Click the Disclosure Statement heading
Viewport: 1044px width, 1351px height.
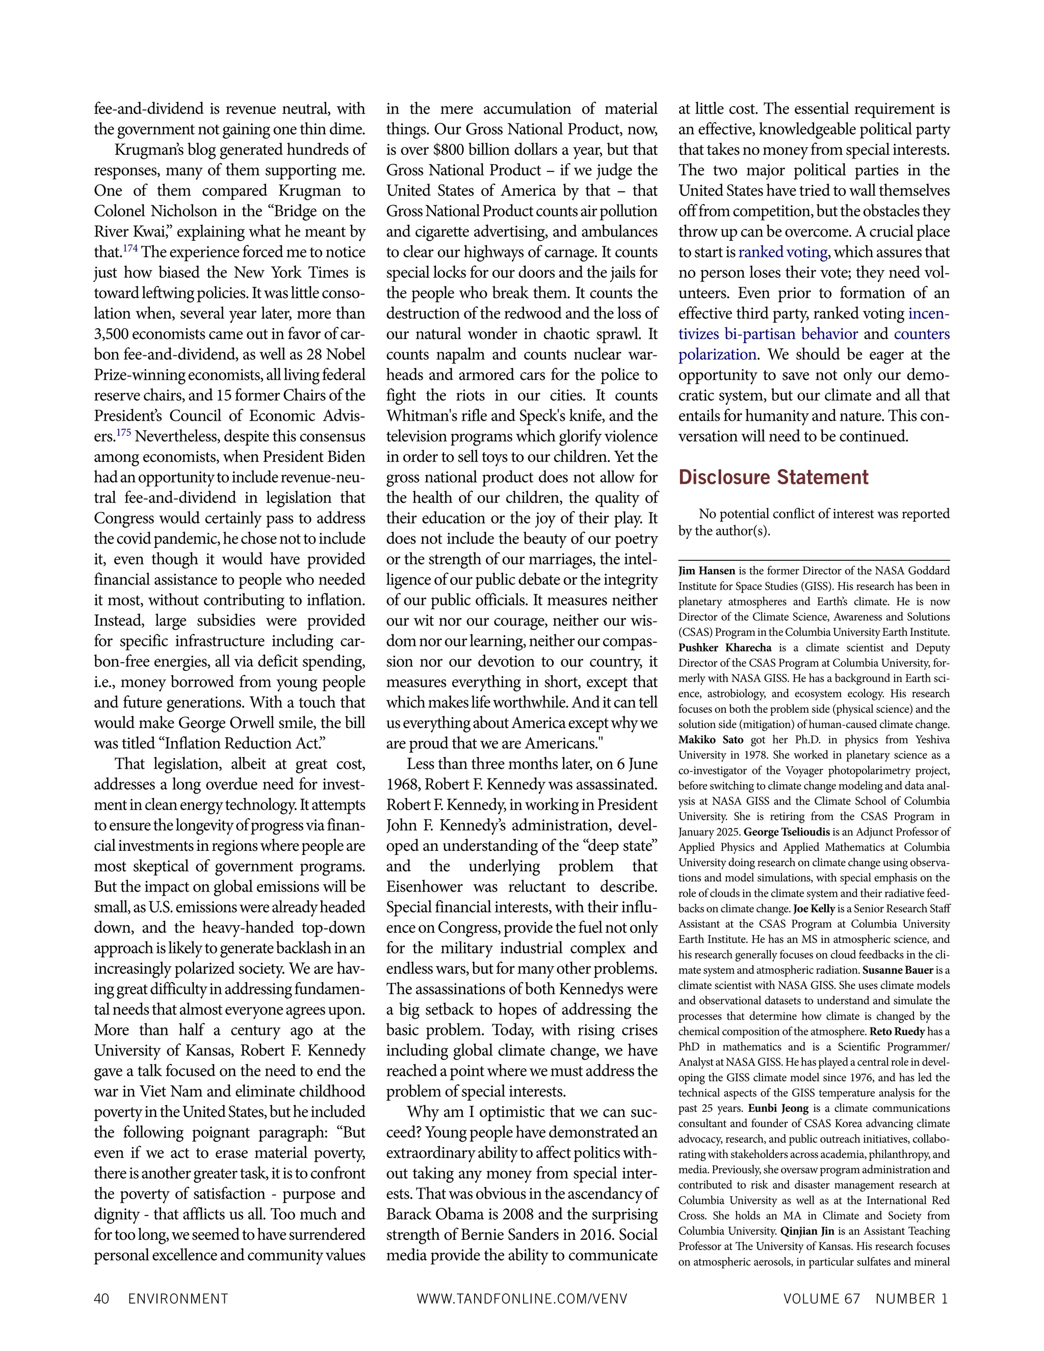click(x=773, y=477)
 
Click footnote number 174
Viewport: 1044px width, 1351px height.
click(x=130, y=249)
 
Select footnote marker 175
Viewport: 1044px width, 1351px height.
click(x=124, y=433)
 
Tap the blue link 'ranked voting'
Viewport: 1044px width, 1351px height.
click(x=783, y=252)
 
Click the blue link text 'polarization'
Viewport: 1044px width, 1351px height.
click(x=717, y=354)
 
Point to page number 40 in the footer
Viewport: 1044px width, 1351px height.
click(x=101, y=1298)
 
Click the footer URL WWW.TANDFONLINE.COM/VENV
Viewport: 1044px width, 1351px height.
click(x=521, y=1298)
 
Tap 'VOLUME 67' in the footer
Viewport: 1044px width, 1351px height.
click(x=821, y=1298)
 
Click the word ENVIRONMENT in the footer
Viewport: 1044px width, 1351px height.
click(x=178, y=1298)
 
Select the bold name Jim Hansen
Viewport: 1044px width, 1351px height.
click(x=707, y=571)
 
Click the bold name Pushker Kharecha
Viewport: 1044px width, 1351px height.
click(x=725, y=647)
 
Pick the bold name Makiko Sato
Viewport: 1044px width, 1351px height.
click(x=711, y=740)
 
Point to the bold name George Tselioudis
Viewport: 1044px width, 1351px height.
click(x=787, y=832)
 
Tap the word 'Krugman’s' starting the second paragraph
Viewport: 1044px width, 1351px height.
click(x=145, y=150)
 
